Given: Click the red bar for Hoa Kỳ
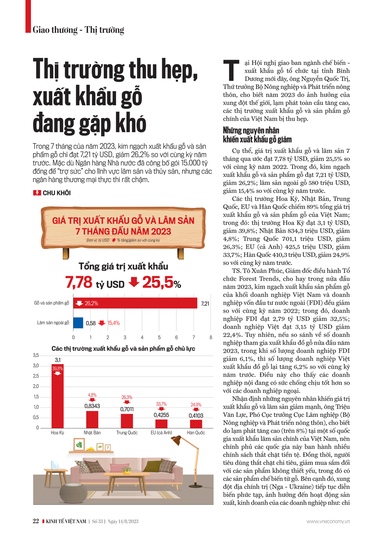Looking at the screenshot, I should pos(57,400).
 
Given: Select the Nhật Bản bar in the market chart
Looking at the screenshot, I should pos(92,419).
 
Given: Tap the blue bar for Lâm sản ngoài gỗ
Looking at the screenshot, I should pos(78,323).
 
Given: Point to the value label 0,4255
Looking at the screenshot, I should pos(161,415).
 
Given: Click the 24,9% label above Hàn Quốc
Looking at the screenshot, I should pos(196,405).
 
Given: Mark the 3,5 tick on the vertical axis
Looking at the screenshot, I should pos(36,355).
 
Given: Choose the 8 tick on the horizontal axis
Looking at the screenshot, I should pos(211,337).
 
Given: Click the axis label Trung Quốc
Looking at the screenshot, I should pos(127,433).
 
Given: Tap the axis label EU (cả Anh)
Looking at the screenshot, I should pos(161,433).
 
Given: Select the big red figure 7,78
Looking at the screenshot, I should pos(79,282).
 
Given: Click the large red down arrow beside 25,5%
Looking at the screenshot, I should pos(134,282).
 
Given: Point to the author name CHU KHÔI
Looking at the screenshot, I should pos(57,193).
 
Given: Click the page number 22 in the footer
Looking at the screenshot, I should pos(36,521).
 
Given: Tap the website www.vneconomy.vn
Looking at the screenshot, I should pos(328,521).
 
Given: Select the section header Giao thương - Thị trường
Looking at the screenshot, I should pos(78,30).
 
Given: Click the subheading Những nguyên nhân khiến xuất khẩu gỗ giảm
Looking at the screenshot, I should pos(257,135).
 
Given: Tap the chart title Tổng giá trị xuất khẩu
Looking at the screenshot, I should pos(123,266).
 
